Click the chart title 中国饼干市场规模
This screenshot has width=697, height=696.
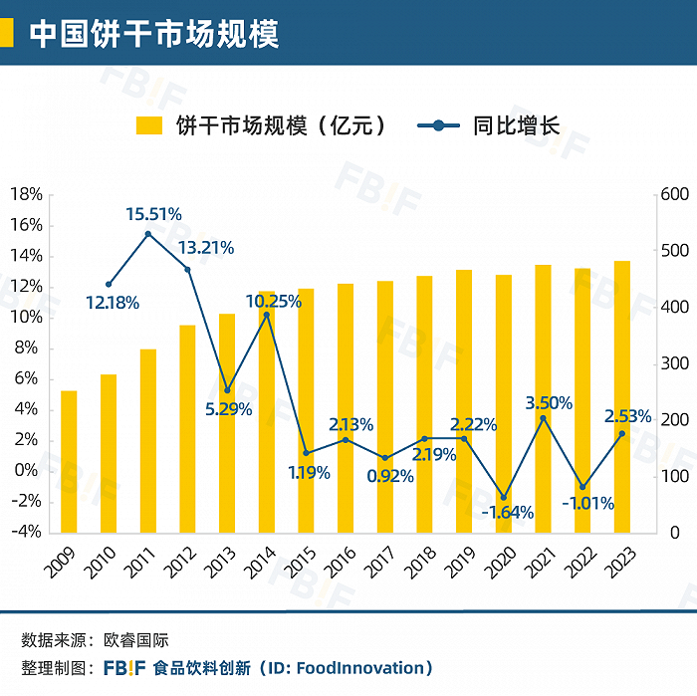click(153, 33)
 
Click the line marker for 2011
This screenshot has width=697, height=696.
click(148, 234)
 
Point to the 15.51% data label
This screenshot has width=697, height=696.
click(153, 213)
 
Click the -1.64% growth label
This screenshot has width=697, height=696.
click(507, 514)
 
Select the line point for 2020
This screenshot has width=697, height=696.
click(504, 497)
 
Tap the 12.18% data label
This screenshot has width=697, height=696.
click(112, 302)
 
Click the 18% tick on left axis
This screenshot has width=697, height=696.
click(27, 194)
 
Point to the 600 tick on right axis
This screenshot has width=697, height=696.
click(674, 194)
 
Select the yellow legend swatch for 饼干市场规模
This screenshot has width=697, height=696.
click(149, 126)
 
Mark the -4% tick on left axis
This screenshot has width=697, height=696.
click(27, 532)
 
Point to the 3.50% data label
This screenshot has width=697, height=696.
click(549, 403)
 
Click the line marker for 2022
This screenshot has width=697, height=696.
click(582, 487)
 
